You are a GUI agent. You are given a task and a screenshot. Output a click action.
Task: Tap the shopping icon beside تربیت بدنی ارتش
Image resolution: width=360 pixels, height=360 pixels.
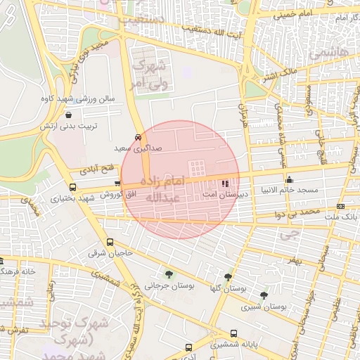(x=68, y=115)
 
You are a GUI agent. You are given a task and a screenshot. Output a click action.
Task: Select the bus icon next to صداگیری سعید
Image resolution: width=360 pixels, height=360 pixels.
(x=138, y=138)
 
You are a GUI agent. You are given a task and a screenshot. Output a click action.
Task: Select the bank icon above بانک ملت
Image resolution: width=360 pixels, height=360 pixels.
(x=341, y=206)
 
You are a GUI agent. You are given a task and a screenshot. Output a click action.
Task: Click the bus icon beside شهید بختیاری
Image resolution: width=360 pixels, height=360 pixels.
(x=72, y=188)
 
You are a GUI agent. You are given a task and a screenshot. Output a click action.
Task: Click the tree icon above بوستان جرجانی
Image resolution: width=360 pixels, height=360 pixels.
(x=168, y=274)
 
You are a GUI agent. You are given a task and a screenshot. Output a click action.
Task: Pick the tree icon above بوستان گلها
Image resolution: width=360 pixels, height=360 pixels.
(x=228, y=277)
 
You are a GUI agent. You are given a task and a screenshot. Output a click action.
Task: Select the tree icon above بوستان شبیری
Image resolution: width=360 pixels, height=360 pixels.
(x=264, y=295)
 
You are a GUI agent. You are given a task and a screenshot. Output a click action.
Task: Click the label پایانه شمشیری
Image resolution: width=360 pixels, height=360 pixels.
(x=234, y=345)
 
